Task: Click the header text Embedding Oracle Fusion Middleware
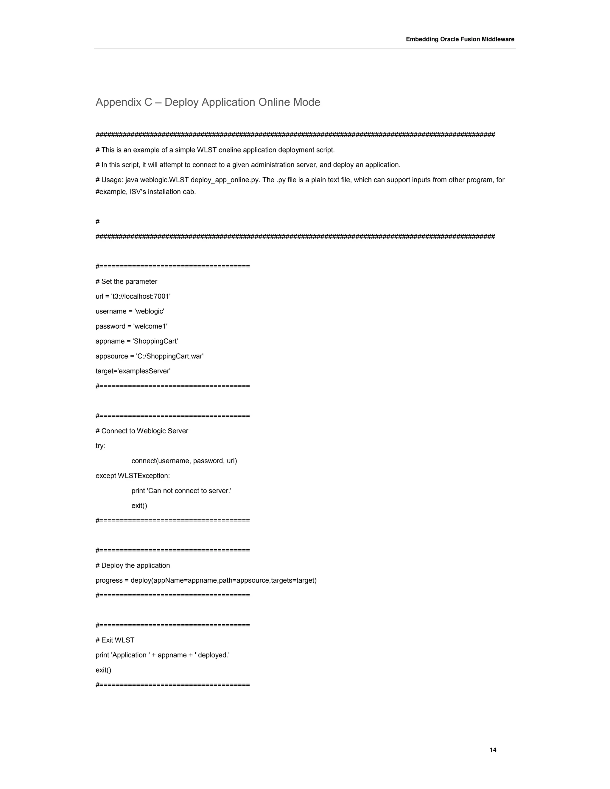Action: pos(460,39)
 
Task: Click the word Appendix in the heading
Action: pos(118,102)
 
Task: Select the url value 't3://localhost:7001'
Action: pos(141,296)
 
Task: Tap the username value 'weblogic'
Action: pos(149,311)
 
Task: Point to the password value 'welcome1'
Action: pos(150,326)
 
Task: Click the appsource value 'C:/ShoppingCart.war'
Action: pos(169,356)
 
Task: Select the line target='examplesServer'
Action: pos(133,371)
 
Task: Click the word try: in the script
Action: pos(100,446)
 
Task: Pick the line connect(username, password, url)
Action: pos(184,461)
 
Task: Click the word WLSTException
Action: pos(144,476)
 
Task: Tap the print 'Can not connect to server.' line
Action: pos(181,491)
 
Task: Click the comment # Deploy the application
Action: pos(133,565)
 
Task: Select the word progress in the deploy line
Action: pos(108,580)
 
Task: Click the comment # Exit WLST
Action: pos(115,640)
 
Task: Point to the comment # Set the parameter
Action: pos(126,281)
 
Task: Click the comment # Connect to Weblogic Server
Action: pos(142,431)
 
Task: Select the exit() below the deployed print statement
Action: pos(103,670)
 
